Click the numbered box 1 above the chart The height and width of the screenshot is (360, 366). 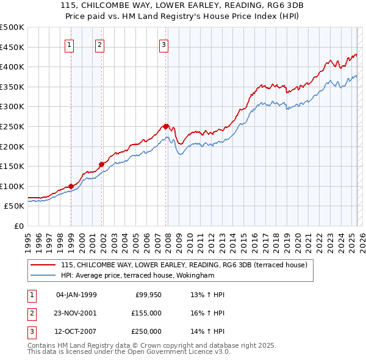click(x=70, y=44)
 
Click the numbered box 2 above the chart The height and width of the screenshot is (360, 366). click(x=99, y=44)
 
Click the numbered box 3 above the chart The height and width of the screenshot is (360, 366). click(x=164, y=44)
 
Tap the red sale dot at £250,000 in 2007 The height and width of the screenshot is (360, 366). click(x=165, y=126)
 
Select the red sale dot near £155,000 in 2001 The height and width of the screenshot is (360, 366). click(x=102, y=164)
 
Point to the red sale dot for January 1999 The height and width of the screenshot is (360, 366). click(x=71, y=186)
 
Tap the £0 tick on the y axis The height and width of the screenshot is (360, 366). click(x=18, y=226)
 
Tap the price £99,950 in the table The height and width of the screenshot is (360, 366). click(x=148, y=294)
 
